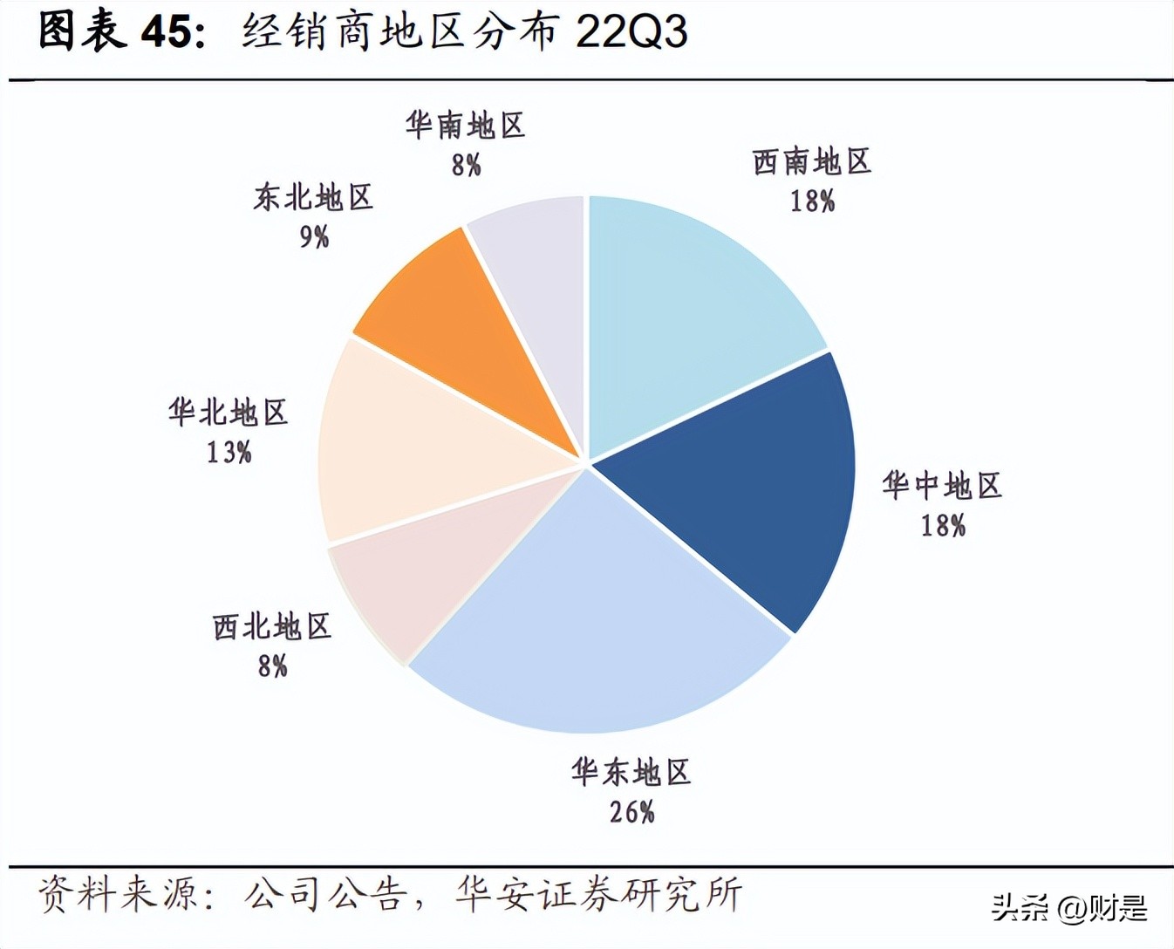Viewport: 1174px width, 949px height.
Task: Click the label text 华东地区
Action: [x=631, y=772]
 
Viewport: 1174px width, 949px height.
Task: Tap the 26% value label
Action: [x=631, y=812]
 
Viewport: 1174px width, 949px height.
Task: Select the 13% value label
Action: [x=229, y=452]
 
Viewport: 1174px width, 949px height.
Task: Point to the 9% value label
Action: [x=314, y=236]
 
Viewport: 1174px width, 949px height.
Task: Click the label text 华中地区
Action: [x=942, y=485]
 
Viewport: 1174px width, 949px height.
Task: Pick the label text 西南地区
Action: [x=812, y=161]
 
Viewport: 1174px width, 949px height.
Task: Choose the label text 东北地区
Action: [x=314, y=197]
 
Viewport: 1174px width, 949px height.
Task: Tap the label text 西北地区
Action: [x=272, y=626]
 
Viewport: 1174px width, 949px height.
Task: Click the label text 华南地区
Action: [x=466, y=126]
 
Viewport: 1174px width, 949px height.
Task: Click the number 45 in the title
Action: [x=166, y=32]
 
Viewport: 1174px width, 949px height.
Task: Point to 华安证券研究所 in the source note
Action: [x=598, y=895]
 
